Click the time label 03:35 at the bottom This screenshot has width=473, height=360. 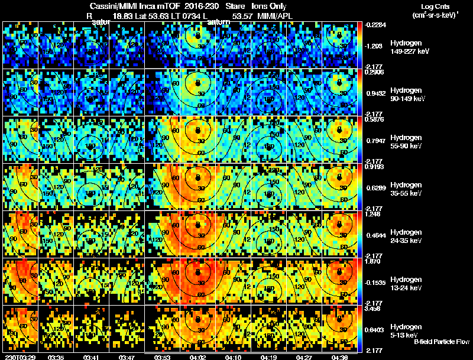pyautogui.click(x=56, y=357)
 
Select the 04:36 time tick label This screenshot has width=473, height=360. pyautogui.click(x=339, y=357)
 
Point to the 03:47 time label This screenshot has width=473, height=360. pyautogui.click(x=127, y=357)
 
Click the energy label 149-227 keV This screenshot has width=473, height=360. pyautogui.click(x=409, y=51)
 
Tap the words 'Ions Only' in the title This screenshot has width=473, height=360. pyautogui.click(x=269, y=5)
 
